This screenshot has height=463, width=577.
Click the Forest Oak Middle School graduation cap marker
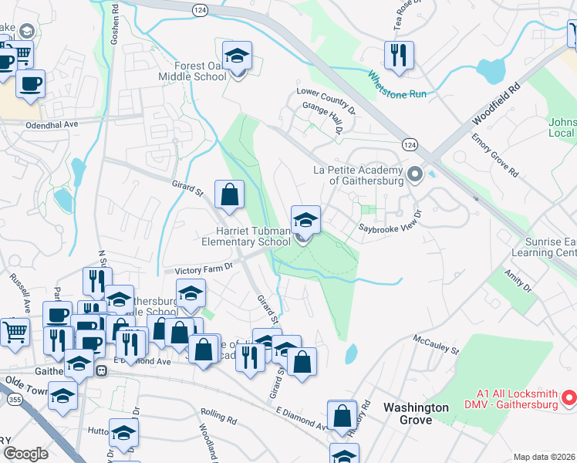click(238, 56)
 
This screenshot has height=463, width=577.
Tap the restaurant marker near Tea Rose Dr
click(399, 56)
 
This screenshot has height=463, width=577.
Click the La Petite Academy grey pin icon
click(416, 173)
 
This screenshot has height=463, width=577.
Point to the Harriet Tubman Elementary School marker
click(305, 221)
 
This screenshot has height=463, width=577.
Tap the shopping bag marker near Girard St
click(230, 195)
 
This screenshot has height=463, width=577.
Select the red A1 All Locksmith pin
click(569, 398)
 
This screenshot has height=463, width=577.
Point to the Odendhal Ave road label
click(52, 124)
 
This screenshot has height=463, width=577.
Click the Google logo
click(25, 453)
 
